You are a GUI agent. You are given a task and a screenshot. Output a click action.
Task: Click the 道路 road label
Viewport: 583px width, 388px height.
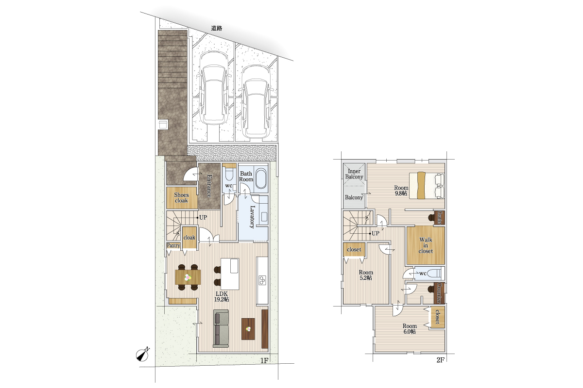point(216,28)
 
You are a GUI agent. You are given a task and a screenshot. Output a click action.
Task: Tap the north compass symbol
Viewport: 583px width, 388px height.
point(143,354)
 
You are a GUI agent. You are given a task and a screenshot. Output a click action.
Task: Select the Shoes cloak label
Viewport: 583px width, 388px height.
point(181,198)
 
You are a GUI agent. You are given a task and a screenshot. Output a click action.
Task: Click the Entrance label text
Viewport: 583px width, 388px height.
point(209,186)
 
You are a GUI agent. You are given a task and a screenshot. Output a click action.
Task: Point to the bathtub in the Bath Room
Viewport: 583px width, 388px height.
point(261,179)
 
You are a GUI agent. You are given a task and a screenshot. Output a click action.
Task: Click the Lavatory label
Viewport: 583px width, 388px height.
point(252,216)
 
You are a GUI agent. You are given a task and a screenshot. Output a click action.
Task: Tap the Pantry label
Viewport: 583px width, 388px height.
point(173,245)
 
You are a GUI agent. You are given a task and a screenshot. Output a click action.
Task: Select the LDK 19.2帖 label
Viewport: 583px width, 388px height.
point(222,296)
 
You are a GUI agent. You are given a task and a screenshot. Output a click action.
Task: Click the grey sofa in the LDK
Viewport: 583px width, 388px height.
point(221,328)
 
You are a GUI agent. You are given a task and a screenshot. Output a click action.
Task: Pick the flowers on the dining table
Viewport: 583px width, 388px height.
point(188,277)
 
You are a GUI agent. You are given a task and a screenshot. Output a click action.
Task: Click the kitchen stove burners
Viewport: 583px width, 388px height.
point(262,280)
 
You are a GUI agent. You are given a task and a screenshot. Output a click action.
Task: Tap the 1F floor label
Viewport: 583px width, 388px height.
point(264,360)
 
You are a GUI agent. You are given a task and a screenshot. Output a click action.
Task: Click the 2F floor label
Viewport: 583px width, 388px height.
point(440,360)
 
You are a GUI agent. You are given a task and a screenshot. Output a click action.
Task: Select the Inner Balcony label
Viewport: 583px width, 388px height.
point(354,174)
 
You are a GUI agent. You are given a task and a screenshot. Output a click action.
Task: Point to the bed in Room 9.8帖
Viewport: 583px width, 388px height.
point(427,185)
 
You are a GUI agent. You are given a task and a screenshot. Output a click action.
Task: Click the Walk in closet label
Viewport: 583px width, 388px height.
point(426,245)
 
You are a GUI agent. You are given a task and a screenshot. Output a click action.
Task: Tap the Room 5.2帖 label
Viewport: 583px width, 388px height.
point(366,275)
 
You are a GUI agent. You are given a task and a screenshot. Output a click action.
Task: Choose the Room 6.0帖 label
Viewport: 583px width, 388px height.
point(410,329)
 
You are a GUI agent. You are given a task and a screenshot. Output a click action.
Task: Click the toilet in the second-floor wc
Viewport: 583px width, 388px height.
point(436,274)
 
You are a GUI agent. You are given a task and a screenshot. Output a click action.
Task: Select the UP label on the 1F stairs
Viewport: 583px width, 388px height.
point(203,217)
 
